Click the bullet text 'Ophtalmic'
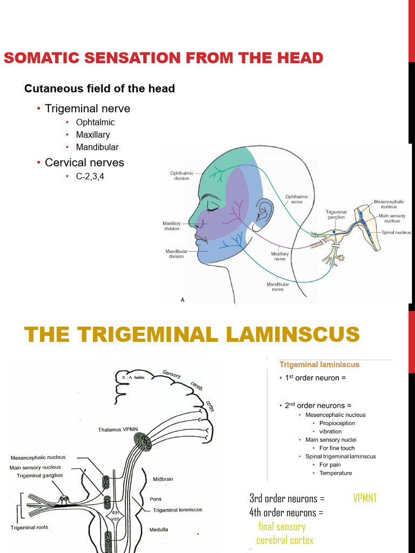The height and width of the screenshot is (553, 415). pos(95,122)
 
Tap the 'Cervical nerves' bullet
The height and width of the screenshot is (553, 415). pos(84,163)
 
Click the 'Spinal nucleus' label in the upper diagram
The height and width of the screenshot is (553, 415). pos(396,232)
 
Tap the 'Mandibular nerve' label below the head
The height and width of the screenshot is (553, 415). pos(278,287)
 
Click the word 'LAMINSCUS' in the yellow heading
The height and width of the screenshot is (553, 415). pos(292,334)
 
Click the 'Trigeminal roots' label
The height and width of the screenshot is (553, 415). pos(29,528)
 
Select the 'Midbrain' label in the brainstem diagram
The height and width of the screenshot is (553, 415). pos(163,478)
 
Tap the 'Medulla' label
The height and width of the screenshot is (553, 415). pos(159,529)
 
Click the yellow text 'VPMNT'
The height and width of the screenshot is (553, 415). pos(365,498)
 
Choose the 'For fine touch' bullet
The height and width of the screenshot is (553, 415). pos(337,448)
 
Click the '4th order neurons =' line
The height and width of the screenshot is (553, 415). pos(286,512)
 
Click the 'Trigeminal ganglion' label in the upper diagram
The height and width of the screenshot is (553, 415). pos(336,214)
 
